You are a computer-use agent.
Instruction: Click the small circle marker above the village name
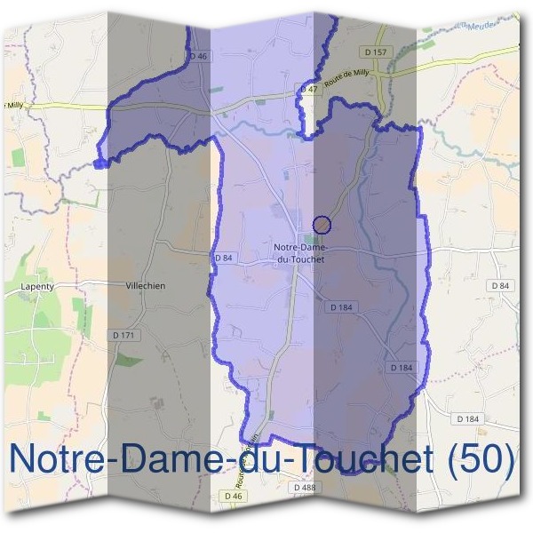322,225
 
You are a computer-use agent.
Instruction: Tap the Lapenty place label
37,287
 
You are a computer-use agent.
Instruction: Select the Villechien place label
146,286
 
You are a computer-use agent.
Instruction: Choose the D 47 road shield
308,89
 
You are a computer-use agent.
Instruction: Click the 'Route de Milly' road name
348,82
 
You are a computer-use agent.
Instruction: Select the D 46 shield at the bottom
233,496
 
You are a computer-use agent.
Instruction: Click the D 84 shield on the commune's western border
223,258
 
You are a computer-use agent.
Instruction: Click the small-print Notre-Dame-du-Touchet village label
299,253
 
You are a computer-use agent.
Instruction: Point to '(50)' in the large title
482,458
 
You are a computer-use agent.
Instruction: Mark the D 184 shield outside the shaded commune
467,418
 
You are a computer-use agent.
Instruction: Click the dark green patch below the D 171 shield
130,360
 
